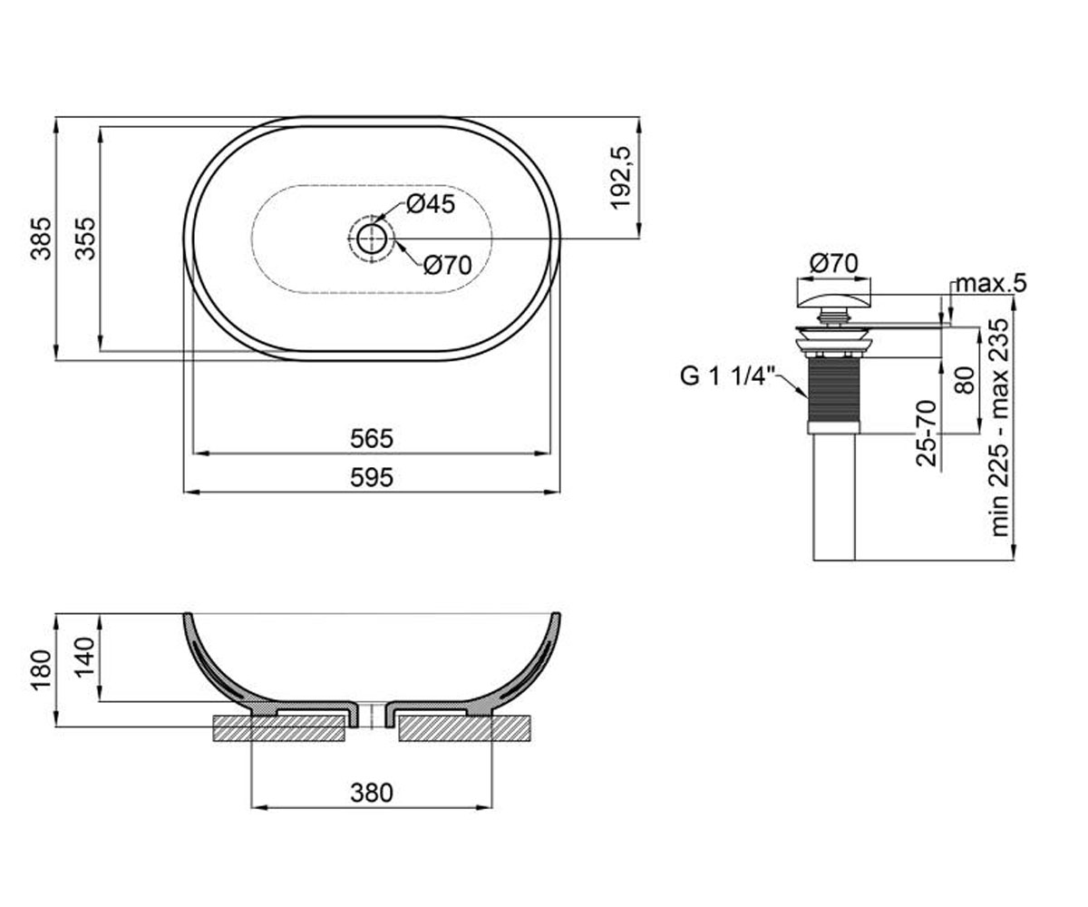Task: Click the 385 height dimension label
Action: point(41,239)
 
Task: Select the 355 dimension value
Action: point(85,239)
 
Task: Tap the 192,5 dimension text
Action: point(620,179)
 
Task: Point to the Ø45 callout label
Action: point(431,204)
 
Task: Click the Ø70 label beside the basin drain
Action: point(447,266)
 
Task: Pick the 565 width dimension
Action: point(372,439)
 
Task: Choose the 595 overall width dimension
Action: point(372,477)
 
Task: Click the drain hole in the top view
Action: point(371,239)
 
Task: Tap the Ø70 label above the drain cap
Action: point(834,263)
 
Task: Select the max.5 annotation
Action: point(991,284)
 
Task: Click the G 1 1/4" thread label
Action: point(728,375)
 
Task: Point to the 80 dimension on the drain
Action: point(965,380)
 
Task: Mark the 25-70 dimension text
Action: point(926,434)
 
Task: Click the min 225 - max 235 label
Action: point(999,427)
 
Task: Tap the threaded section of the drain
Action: point(834,389)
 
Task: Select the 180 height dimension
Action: point(41,670)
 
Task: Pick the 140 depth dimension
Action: point(85,657)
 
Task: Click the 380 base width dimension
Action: point(372,794)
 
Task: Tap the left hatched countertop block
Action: point(278,728)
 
